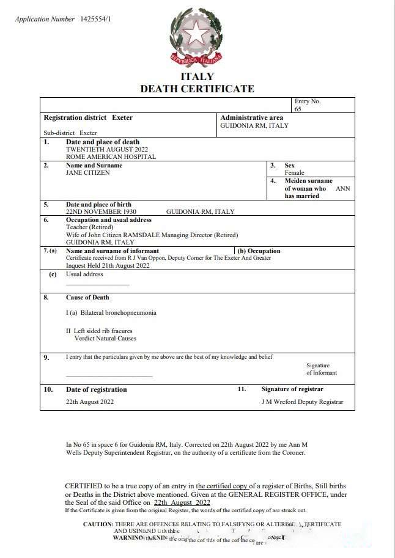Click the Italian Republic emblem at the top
(x=196, y=36)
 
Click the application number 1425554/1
(x=95, y=20)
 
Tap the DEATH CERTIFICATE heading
(x=197, y=89)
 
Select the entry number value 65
(x=298, y=109)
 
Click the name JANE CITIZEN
(x=88, y=173)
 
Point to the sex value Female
(x=294, y=173)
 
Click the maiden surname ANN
(x=343, y=189)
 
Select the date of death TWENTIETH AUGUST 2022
(x=106, y=149)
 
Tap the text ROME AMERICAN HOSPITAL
(x=111, y=156)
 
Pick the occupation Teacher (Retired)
(x=89, y=227)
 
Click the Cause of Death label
(x=87, y=298)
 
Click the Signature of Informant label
(x=322, y=369)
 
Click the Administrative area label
(x=251, y=117)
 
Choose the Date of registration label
(x=97, y=389)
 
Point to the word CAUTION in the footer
(x=98, y=524)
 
